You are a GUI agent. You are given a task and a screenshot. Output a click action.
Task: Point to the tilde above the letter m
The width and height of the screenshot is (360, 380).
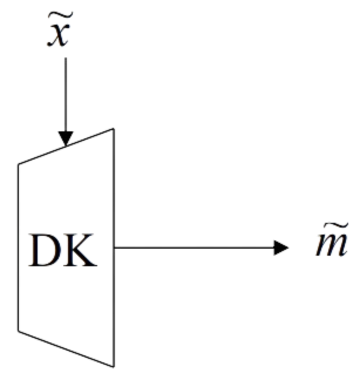[x=331, y=228]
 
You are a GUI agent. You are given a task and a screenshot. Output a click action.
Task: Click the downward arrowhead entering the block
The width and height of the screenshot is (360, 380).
[x=66, y=137]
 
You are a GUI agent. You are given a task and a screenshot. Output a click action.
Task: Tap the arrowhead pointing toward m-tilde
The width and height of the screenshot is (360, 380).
[x=281, y=248]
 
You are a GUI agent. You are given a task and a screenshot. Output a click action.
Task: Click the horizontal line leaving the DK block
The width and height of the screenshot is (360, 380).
[x=193, y=248]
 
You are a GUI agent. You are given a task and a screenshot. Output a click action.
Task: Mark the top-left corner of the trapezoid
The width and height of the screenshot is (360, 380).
[x=18, y=165]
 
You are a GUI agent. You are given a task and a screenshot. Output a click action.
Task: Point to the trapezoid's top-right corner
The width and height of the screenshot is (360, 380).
[x=113, y=128]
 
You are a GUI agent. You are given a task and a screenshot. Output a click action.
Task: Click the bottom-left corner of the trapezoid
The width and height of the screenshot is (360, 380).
[x=18, y=331]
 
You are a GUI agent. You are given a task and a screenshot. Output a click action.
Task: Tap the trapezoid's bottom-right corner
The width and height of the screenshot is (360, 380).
[x=113, y=367]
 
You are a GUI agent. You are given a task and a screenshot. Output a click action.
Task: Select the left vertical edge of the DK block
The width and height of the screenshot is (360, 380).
[x=18, y=246]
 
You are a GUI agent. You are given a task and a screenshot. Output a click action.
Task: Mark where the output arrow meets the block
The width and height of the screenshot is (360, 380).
[x=114, y=248]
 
